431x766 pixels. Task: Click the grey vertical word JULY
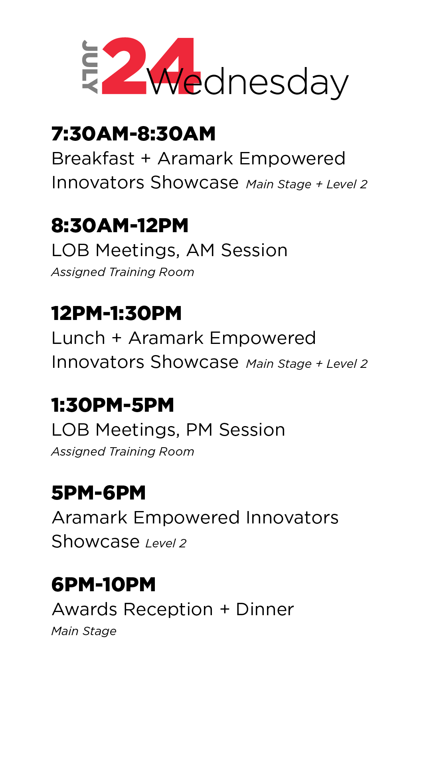click(90, 67)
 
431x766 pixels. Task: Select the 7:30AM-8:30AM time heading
click(133, 134)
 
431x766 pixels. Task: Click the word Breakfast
click(93, 158)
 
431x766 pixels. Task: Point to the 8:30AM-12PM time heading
click(120, 225)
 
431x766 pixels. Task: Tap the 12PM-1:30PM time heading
click(116, 313)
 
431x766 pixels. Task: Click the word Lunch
click(79, 338)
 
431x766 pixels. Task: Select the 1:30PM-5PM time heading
click(113, 405)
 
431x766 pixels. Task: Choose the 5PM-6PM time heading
click(99, 493)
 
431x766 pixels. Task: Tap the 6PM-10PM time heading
click(103, 584)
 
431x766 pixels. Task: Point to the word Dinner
click(265, 610)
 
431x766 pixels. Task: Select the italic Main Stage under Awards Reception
click(84, 631)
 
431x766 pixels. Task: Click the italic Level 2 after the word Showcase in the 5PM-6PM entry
click(166, 543)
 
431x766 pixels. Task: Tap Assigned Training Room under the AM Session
click(123, 272)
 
